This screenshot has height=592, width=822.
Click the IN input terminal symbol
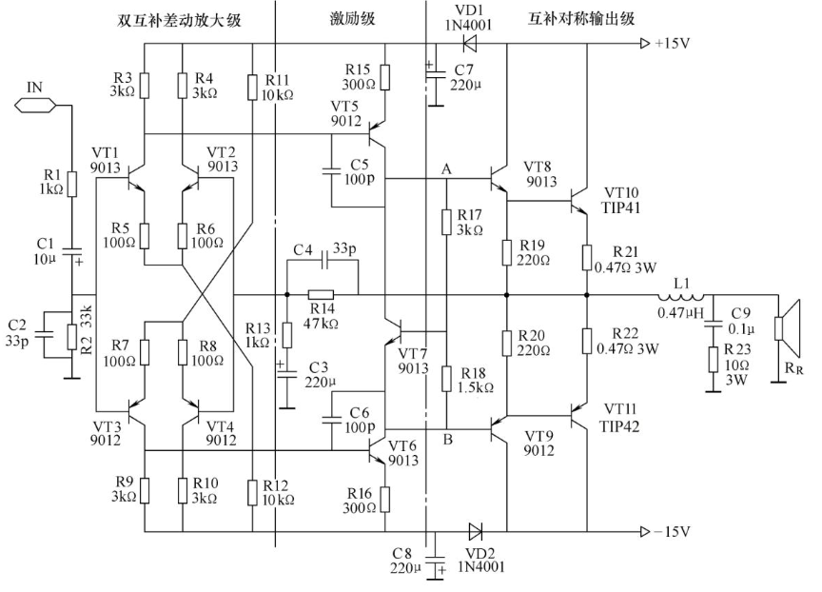click(x=34, y=106)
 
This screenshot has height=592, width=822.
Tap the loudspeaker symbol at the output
click(x=788, y=327)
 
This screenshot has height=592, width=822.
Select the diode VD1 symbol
click(x=469, y=43)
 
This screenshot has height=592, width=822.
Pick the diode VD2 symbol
click(x=476, y=531)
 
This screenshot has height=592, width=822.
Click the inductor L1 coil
click(x=681, y=295)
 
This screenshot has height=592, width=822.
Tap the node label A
click(x=446, y=168)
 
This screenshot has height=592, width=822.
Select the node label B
click(x=447, y=439)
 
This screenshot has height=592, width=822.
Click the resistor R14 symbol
click(x=321, y=295)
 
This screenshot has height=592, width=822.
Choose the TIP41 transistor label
click(x=621, y=207)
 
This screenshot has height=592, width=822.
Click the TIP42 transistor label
click(x=619, y=426)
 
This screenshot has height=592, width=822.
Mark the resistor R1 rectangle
click(x=71, y=185)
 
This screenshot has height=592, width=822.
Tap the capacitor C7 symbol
click(x=434, y=76)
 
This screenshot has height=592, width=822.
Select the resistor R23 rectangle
click(x=713, y=359)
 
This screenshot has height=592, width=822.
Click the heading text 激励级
click(x=352, y=19)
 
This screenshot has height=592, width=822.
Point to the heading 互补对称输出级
click(x=581, y=19)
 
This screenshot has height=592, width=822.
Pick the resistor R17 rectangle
click(x=446, y=223)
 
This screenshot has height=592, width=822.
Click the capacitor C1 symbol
click(x=71, y=251)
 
